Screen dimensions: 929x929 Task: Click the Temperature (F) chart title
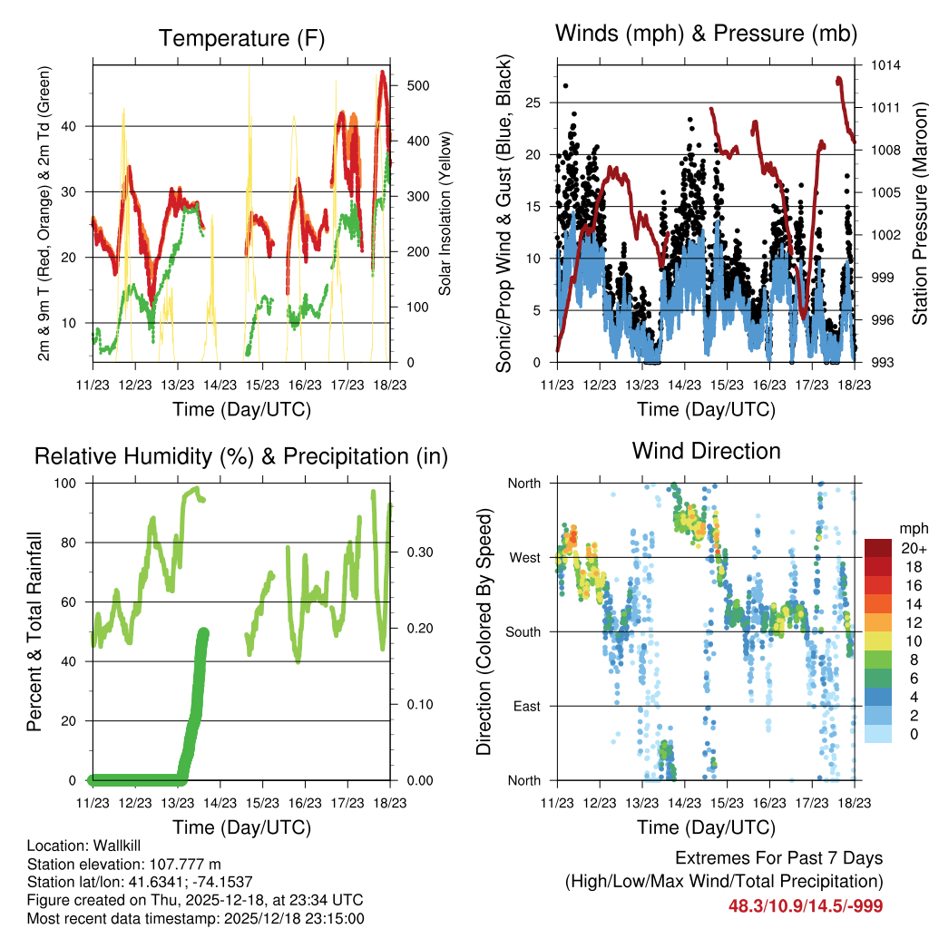point(241,38)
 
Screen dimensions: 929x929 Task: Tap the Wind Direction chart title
point(706,450)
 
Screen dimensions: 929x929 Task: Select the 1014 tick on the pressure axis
point(888,65)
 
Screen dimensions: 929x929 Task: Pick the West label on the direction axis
point(523,557)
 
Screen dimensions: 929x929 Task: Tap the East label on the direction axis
point(525,706)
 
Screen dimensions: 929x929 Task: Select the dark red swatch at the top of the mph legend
point(879,547)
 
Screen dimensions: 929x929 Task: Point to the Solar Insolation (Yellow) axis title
point(445,213)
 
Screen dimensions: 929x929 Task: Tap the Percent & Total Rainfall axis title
point(35,631)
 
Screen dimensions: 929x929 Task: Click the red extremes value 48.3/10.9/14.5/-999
point(806,905)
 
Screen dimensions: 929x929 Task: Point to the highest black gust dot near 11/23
point(565,86)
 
